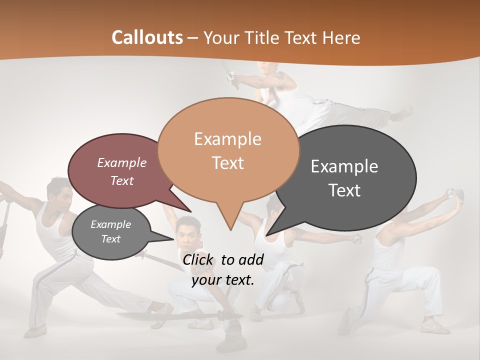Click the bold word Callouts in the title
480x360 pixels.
[147, 37]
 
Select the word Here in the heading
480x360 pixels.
[340, 37]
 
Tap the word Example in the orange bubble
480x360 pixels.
[227, 139]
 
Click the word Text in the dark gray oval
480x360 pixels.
[344, 190]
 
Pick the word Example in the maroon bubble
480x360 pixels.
[122, 162]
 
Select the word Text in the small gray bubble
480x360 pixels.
[111, 239]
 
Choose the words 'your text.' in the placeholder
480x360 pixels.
[223, 280]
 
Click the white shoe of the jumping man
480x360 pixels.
[403, 113]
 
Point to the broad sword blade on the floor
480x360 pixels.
[150, 316]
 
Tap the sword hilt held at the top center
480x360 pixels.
[231, 76]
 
